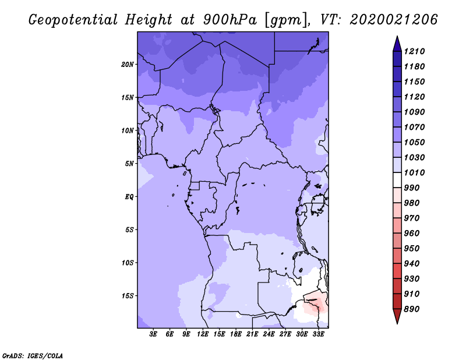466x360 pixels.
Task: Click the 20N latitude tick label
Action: click(127, 65)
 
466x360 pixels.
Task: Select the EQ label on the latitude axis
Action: click(129, 197)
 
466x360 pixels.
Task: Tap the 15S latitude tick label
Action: click(128, 296)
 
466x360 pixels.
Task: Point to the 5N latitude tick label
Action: click(129, 164)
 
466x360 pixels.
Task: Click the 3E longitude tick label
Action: click(153, 334)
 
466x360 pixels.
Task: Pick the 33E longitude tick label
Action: click(318, 334)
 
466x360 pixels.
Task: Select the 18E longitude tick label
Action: click(236, 334)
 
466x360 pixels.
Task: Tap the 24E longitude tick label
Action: click(269, 334)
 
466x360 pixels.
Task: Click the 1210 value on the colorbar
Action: click(414, 51)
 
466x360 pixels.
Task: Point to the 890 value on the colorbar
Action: click(412, 309)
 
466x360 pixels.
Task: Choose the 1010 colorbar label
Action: click(414, 172)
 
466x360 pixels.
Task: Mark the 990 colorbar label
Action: click(412, 188)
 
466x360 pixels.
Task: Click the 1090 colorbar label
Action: click(414, 112)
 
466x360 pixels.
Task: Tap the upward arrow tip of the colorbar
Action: click(397, 36)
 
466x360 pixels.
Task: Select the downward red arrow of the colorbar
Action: click(397, 316)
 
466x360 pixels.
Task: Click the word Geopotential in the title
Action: click(73, 20)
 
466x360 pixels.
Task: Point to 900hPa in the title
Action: click(230, 20)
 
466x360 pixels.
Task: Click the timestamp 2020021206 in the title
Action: click(394, 20)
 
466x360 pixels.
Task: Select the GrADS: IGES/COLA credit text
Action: click(33, 356)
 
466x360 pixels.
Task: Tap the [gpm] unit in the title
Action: click(286, 20)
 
